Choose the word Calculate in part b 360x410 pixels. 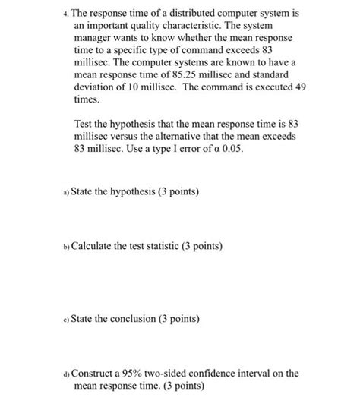95,247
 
